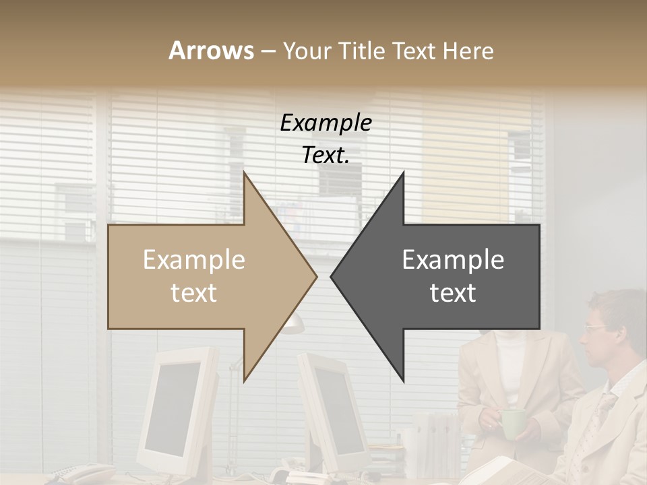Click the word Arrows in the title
click(211, 51)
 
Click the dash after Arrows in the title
click(268, 52)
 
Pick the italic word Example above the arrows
click(326, 123)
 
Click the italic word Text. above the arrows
click(326, 156)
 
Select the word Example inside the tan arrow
click(193, 260)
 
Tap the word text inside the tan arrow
click(193, 293)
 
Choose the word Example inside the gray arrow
click(453, 260)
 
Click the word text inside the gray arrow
click(453, 293)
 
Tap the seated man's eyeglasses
click(596, 328)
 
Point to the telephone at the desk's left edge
click(74, 474)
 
